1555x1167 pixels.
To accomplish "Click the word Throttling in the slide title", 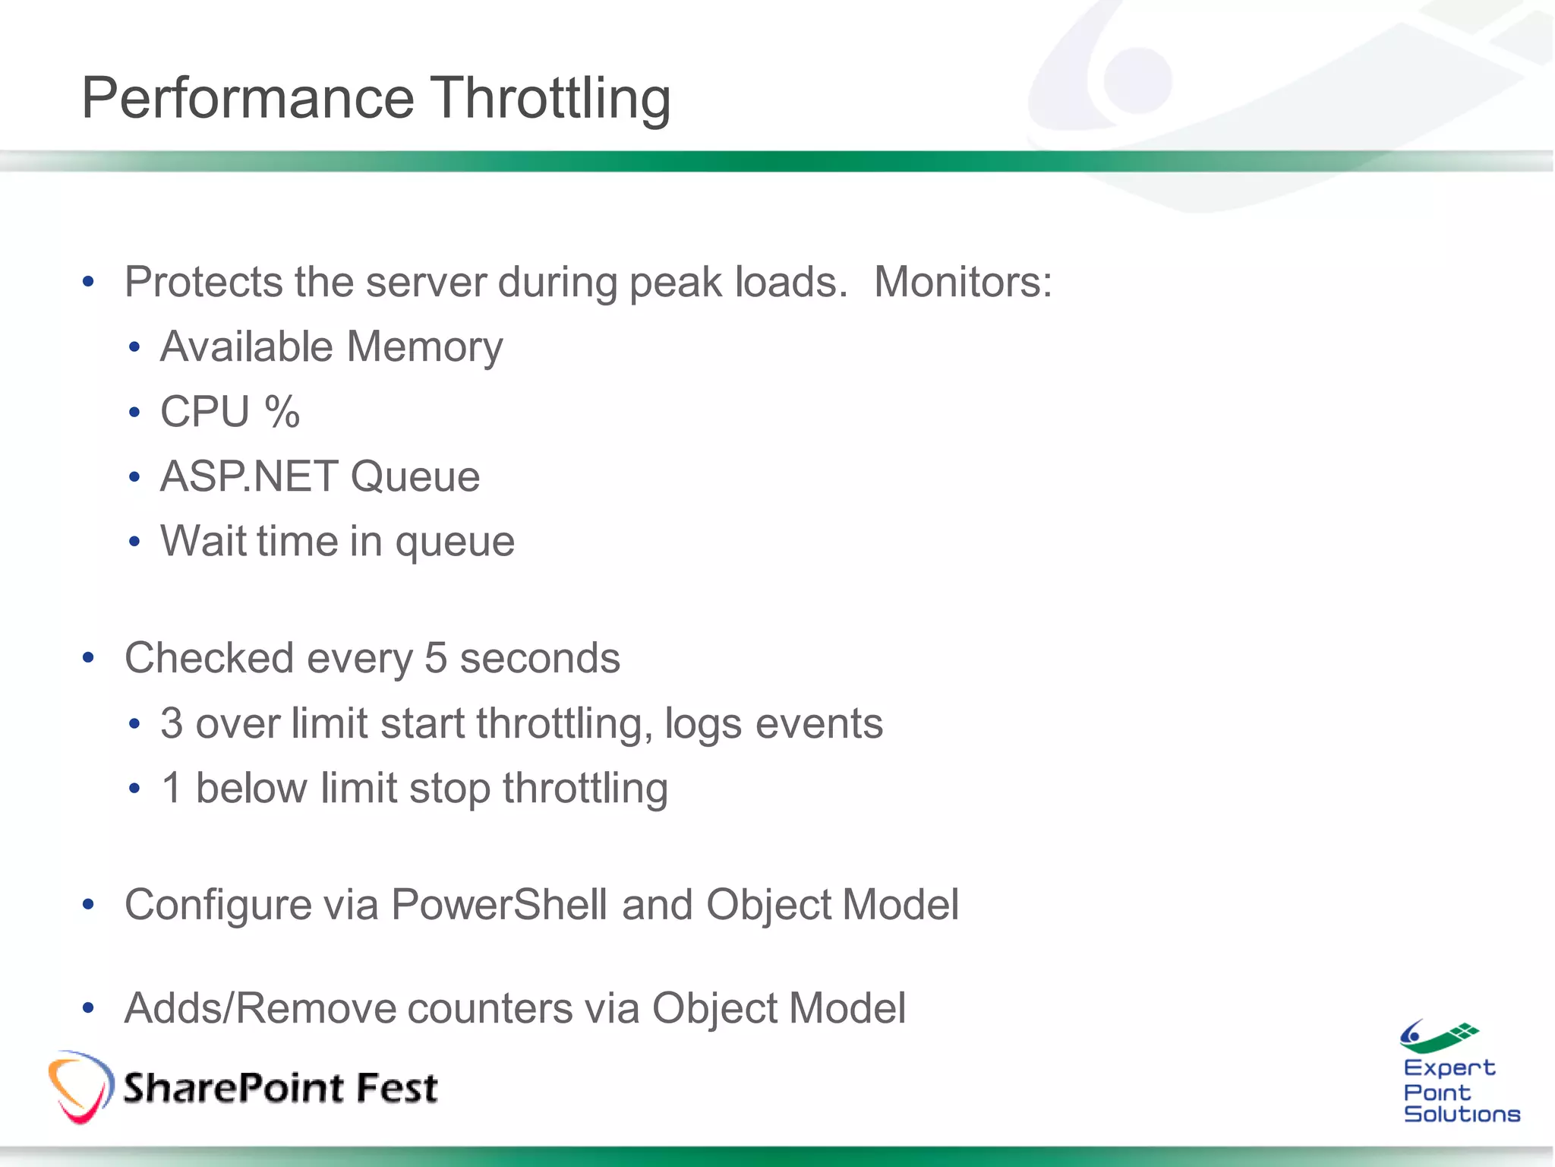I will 550,99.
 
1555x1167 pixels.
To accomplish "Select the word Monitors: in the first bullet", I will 963,282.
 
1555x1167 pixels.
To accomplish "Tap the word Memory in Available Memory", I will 424,347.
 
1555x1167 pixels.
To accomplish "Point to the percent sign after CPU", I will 282,412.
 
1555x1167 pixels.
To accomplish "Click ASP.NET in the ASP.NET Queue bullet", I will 248,476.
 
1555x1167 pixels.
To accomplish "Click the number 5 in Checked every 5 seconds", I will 435,658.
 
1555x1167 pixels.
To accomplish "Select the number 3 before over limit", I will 172,723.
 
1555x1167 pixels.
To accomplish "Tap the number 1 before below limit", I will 172,788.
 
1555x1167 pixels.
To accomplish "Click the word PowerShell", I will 499,905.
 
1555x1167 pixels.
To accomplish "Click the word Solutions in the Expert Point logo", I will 1461,1114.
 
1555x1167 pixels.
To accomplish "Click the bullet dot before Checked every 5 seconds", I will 88,658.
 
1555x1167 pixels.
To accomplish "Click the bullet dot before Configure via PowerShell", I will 88,905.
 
